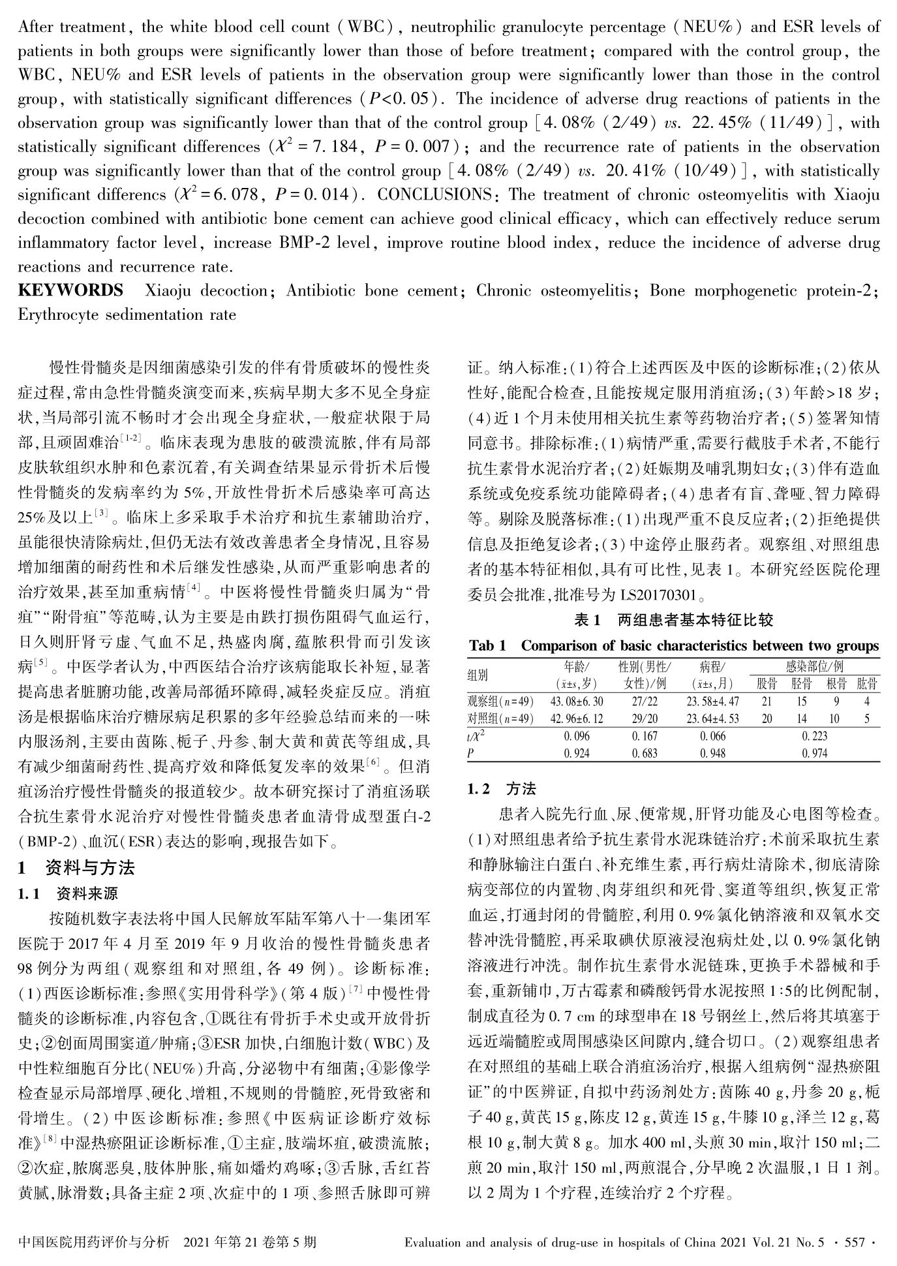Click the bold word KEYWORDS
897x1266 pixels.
click(70, 290)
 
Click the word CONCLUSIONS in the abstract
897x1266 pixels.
click(434, 194)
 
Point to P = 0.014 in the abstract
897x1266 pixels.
click(315, 194)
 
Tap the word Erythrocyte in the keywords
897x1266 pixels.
click(57, 315)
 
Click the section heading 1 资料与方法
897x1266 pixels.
click(76, 867)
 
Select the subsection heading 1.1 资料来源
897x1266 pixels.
click(68, 893)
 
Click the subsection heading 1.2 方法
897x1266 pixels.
click(502, 789)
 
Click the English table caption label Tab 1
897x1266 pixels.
click(487, 646)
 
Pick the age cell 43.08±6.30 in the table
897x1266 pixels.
click(577, 702)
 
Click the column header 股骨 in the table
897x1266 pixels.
click(767, 684)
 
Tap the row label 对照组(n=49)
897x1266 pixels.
click(500, 718)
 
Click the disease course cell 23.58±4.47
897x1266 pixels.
click(712, 702)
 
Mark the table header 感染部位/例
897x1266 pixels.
click(814, 667)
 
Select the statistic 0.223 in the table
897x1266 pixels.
click(815, 736)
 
